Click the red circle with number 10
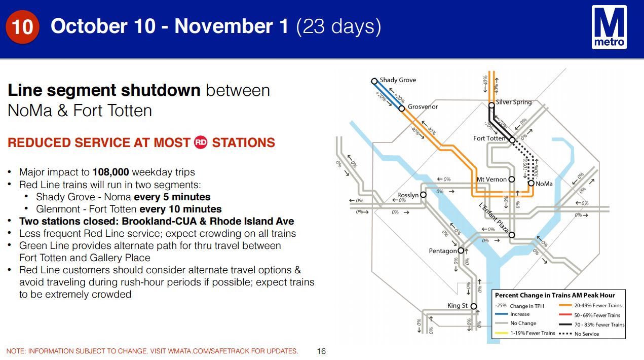tap(22, 27)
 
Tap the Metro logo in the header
tap(609, 27)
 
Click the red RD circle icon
tap(200, 142)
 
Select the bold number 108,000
tap(110, 172)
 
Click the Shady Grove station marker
tap(374, 81)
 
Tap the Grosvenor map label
tap(423, 107)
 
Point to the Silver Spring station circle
tap(491, 105)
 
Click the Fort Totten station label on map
tap(489, 138)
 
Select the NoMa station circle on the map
tap(531, 183)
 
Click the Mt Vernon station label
tap(491, 179)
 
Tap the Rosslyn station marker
tap(423, 195)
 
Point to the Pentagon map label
tap(443, 251)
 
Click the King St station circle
tap(474, 306)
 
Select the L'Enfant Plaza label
tap(494, 218)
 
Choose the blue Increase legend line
tap(502, 314)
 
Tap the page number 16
tap(321, 351)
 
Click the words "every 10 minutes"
tap(180, 209)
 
